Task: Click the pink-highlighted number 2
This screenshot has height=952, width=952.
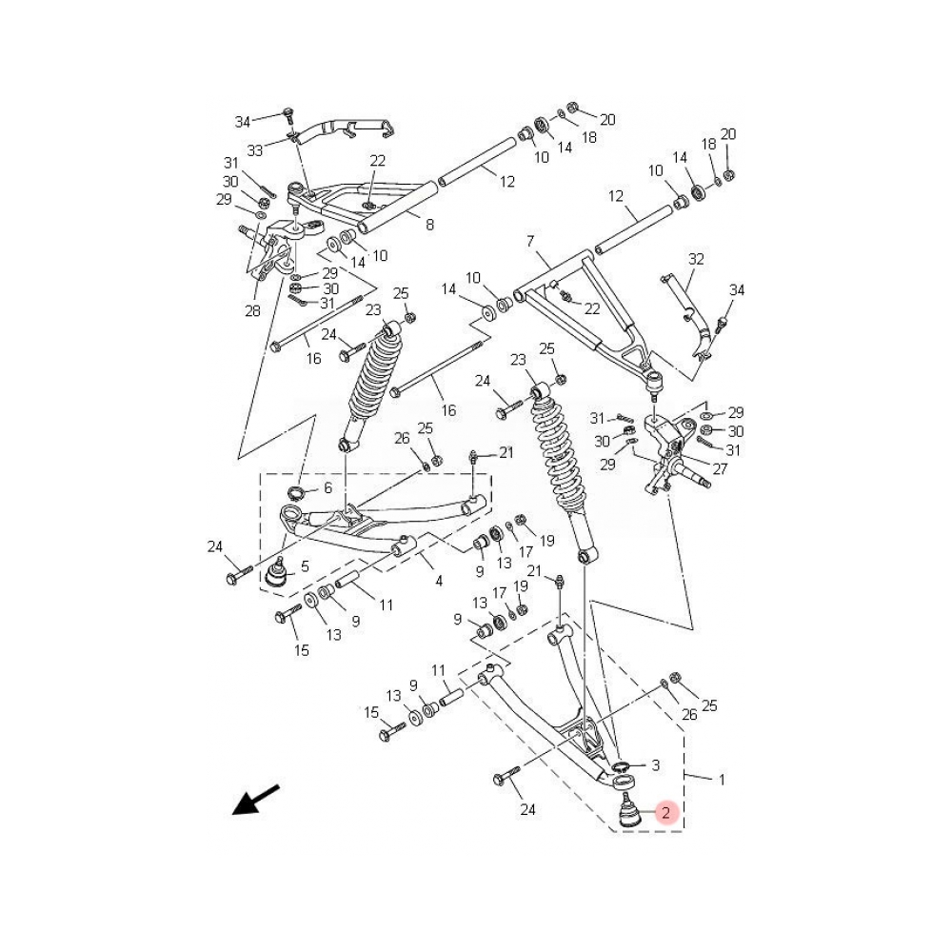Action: point(666,813)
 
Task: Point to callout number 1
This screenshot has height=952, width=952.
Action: point(722,780)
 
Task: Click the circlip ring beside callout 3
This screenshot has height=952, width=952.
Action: point(621,766)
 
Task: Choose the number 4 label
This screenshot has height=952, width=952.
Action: point(438,581)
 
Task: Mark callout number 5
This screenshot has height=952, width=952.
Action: point(305,567)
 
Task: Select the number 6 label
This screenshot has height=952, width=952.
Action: point(327,487)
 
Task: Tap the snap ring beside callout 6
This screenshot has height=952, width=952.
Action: point(298,492)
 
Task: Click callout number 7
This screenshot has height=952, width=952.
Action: point(531,243)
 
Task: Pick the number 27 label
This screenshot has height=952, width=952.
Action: point(720,469)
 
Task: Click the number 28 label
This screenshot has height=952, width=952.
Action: point(251,311)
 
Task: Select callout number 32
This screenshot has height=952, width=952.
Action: point(697,258)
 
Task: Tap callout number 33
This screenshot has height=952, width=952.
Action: point(255,150)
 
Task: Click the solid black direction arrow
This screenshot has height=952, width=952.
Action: point(255,800)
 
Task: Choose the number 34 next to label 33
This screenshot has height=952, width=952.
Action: point(243,121)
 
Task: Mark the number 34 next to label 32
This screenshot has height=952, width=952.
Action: point(737,289)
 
